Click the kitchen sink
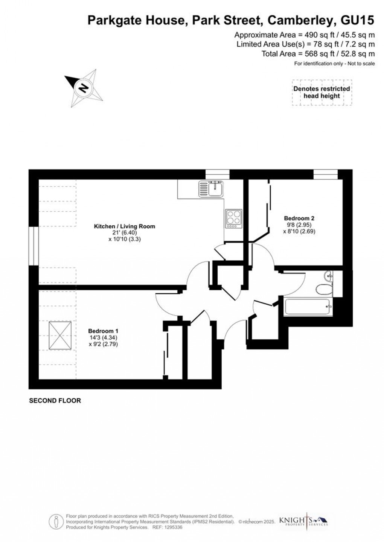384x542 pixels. [x=211, y=189]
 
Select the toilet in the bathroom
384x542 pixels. [x=324, y=288]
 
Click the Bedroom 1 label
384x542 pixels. [x=103, y=331]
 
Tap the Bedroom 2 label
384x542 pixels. [x=299, y=218]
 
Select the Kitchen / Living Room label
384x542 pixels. [x=125, y=226]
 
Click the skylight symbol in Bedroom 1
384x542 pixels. [x=60, y=336]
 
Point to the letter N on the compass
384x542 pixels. [x=84, y=88]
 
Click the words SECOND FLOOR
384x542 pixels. [x=55, y=401]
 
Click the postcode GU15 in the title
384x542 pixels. [x=357, y=20]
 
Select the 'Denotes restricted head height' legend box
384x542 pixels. [x=322, y=92]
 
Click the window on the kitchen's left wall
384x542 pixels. [x=34, y=246]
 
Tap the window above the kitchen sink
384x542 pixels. [x=217, y=175]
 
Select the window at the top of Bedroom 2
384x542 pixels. [x=326, y=175]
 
